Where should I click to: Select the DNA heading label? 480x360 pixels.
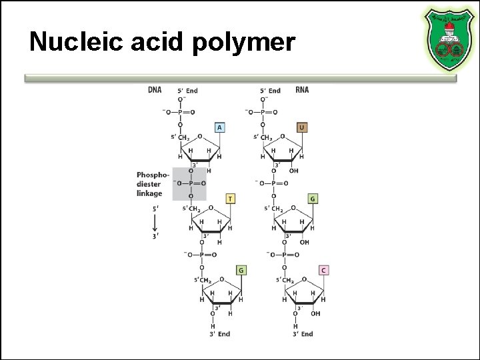[x=155, y=90]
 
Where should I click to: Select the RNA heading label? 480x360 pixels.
[x=302, y=90]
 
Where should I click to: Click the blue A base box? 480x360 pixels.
[x=219, y=127]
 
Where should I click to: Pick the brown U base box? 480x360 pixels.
[x=302, y=127]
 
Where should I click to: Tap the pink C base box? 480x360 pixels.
[x=323, y=270]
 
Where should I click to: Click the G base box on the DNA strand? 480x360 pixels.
[x=241, y=270]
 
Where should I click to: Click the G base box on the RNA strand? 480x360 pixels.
[x=313, y=199]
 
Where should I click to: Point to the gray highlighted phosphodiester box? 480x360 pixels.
[x=189, y=183]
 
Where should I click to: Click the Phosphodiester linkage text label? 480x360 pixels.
[x=149, y=184]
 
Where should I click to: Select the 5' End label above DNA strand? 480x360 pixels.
[x=187, y=91]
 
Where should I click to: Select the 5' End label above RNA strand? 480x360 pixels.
[x=270, y=91]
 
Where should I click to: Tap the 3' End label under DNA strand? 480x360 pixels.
[x=220, y=334]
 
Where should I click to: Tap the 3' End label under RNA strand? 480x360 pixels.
[x=303, y=334]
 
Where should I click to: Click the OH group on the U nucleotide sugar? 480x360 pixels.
[x=294, y=171]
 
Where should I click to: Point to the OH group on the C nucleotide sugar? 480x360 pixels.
[x=315, y=313]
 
